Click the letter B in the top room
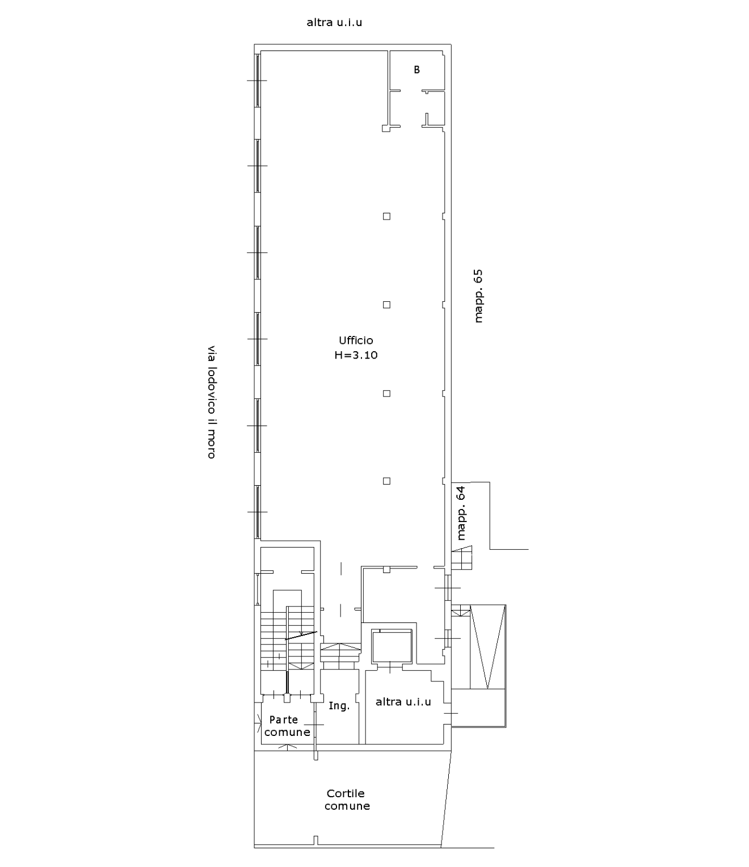coord(416,70)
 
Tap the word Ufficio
coord(356,340)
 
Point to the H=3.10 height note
coord(356,355)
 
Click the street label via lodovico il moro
coord(212,402)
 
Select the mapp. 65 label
coord(478,296)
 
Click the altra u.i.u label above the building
coord(334,22)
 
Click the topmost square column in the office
coord(386,216)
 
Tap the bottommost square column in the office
coord(386,481)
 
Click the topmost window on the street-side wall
coord(258,80)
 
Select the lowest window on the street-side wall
coord(258,512)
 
